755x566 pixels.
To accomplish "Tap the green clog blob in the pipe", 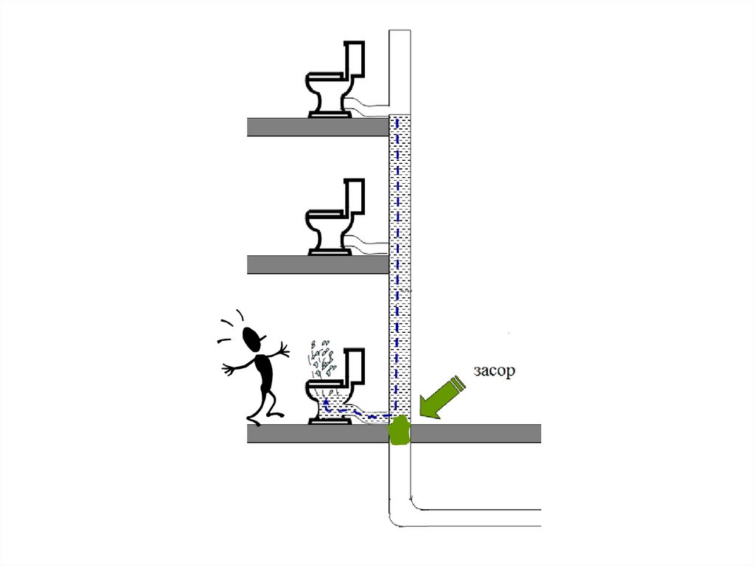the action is coord(399,431).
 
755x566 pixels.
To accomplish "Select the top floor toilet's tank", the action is coord(355,59).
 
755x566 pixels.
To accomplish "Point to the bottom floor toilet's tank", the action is coord(355,366).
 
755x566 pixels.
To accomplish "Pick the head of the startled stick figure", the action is coord(253,339).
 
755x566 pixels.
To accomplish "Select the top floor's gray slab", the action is coord(317,127).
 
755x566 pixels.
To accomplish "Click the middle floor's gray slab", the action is coord(317,264).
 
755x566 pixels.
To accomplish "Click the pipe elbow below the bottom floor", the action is coord(402,513).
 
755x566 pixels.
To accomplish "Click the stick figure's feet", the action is coord(254,421).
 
